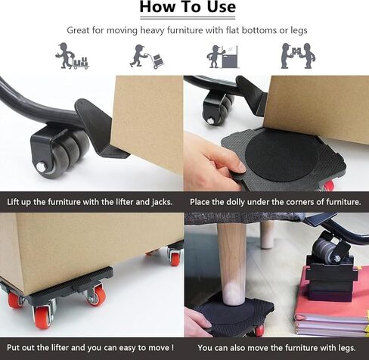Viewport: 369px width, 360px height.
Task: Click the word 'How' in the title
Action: point(153,8)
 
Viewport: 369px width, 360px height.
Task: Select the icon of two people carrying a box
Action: point(297,56)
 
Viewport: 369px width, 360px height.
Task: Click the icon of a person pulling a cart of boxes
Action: point(72,57)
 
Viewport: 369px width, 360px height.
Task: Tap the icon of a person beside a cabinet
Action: point(222,57)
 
